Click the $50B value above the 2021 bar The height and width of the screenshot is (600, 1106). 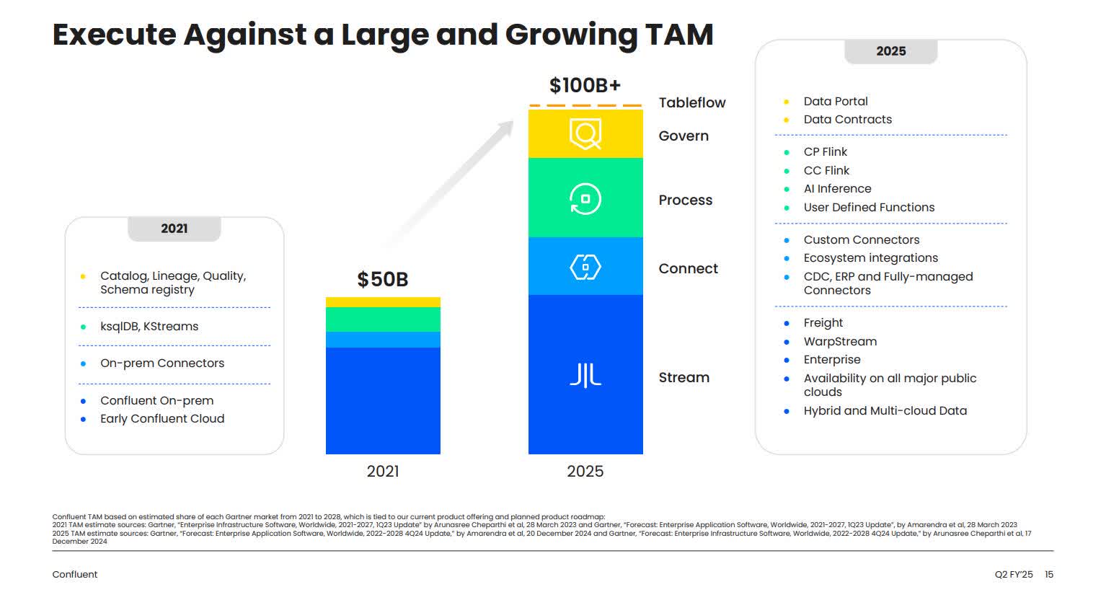click(382, 279)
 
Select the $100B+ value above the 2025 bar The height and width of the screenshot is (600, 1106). click(585, 85)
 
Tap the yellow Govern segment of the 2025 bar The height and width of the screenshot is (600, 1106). click(585, 133)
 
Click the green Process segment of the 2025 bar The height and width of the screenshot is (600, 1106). click(585, 198)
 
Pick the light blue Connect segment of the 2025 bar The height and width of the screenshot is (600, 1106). click(585, 266)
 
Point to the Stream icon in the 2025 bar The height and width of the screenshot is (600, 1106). click(585, 375)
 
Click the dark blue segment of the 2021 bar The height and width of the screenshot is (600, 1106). click(382, 400)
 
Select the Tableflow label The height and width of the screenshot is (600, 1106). click(691, 102)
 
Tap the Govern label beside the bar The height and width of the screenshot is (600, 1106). click(683, 136)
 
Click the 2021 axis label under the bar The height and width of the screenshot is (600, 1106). click(382, 471)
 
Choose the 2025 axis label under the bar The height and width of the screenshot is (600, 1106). click(585, 471)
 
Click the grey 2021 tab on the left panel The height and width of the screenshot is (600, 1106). click(174, 229)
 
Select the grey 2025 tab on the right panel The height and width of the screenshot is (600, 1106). click(890, 51)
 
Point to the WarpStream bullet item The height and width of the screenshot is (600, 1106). click(840, 341)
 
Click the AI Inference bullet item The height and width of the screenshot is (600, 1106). click(837, 188)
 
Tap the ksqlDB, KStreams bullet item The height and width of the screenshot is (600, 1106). click(149, 326)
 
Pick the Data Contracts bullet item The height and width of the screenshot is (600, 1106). click(847, 119)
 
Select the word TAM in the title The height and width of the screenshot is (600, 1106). click(678, 34)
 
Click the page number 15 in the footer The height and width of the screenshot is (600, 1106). click(1049, 574)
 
